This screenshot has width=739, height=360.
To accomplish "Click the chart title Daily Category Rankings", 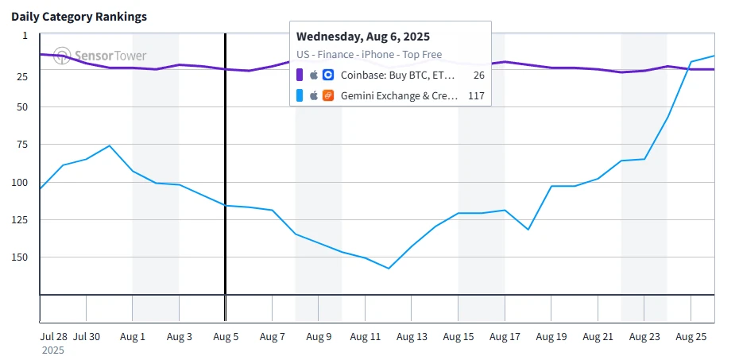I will point(79,17).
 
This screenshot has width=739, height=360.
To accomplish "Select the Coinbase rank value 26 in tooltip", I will point(478,75).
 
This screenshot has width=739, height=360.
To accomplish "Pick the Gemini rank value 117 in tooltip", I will point(476,95).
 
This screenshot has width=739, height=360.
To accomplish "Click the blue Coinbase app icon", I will point(328,75).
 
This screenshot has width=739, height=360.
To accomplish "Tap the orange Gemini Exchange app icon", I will point(328,95).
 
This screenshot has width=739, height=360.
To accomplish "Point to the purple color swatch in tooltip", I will point(300,75).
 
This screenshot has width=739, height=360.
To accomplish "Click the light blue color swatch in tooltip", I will point(300,95).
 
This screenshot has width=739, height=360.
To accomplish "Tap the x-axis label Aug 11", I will point(366,337).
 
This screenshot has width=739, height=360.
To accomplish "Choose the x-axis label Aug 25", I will point(691,337).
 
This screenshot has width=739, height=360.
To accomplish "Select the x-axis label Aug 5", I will point(226,337).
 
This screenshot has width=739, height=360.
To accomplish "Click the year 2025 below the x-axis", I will point(53,350).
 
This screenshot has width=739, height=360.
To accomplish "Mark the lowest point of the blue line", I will point(389,269).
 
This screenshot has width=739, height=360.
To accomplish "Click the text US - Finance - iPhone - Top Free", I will point(369,55).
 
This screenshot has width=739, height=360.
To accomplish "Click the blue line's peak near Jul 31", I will point(110,145).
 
